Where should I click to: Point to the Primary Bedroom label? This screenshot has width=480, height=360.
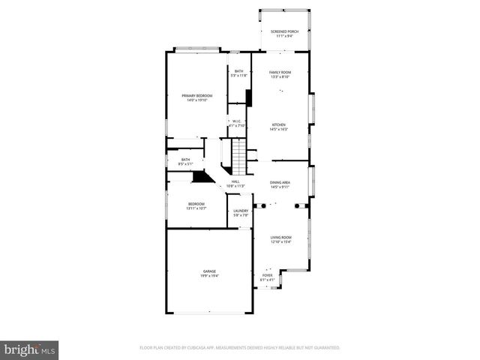click(196, 97)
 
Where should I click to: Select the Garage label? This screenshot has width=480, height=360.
click(208, 273)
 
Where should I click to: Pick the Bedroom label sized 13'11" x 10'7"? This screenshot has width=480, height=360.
click(196, 205)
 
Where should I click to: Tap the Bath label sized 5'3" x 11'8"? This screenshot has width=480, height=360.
click(238, 73)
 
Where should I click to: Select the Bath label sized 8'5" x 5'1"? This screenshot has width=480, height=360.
click(185, 161)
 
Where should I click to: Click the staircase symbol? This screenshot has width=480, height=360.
click(237, 156)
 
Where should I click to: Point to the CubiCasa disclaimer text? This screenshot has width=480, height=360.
click(239, 348)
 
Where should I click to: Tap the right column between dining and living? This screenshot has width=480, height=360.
click(299, 205)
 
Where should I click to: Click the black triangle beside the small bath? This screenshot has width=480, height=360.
click(201, 176)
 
